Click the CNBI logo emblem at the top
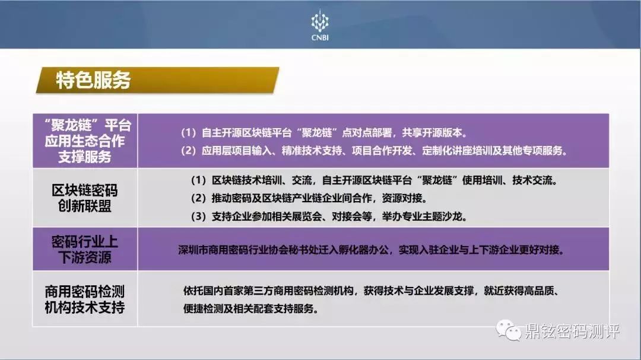point(320,21)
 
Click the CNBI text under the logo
point(320,37)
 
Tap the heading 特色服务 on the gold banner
point(93,80)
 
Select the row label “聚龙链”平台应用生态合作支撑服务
point(85,141)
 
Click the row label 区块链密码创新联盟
point(85,197)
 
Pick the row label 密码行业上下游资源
point(85,249)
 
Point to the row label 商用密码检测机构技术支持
point(85,299)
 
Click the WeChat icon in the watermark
point(508,330)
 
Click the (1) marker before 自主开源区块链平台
point(189,133)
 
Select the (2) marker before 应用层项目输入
point(189,151)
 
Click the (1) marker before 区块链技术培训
point(199,180)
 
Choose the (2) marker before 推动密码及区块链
point(199,198)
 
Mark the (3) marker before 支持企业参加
point(199,216)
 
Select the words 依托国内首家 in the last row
point(213,291)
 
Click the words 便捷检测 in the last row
point(203,309)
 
